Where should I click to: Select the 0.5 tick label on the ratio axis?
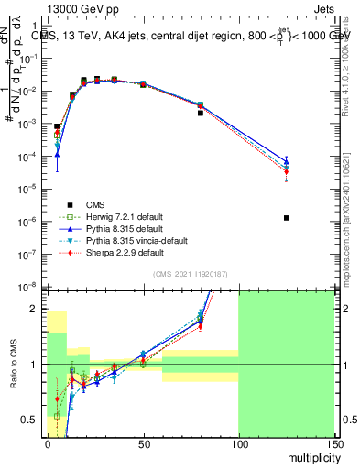tap(34, 420)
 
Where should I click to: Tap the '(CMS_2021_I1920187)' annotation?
tap(190, 274)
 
